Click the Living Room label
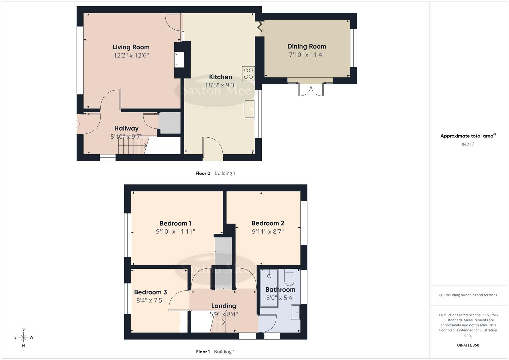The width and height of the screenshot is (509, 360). (x=131, y=47)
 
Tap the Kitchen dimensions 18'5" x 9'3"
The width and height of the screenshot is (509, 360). (x=220, y=85)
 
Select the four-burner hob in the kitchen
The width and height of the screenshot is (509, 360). (x=248, y=73)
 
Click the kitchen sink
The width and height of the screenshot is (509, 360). (x=249, y=109)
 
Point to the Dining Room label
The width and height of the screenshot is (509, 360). (x=306, y=46)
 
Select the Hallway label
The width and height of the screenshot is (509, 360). (x=126, y=128)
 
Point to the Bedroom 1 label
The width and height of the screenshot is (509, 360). (x=175, y=223)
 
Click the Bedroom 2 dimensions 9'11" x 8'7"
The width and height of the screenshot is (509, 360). (x=267, y=232)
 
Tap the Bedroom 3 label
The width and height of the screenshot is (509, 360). (x=150, y=292)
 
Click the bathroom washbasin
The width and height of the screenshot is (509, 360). (x=295, y=313)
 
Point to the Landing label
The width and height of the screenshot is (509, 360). (x=223, y=306)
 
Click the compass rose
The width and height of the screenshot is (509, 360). (x=23, y=337)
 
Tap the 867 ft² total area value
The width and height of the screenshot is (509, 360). (x=468, y=145)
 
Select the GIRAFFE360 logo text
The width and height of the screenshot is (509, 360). (x=468, y=345)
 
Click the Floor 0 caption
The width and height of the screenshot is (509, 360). (x=203, y=173)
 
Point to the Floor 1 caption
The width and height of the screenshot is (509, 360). (x=203, y=352)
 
